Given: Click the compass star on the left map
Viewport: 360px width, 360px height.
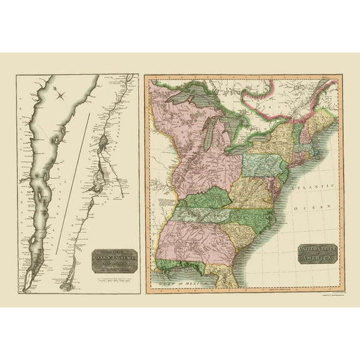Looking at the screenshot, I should pyautogui.click(x=61, y=95).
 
